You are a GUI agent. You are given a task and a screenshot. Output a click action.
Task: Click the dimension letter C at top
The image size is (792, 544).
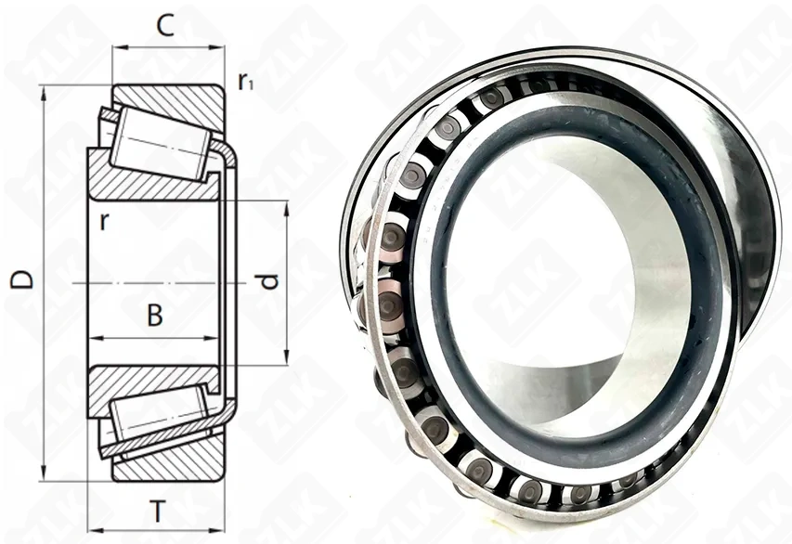pyautogui.click(x=165, y=26)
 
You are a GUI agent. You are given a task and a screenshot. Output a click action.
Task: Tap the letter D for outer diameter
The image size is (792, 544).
pyautogui.click(x=22, y=278)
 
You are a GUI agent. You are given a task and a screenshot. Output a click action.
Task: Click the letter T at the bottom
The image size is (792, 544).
pyautogui.click(x=158, y=512)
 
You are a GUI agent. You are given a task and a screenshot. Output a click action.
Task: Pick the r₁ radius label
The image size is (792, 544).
pyautogui.click(x=245, y=82)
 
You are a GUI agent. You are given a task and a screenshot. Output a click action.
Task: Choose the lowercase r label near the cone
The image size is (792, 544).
pyautogui.click(x=104, y=221)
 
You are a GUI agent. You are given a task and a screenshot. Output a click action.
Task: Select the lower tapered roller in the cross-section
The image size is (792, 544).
pyautogui.click(x=160, y=417)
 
